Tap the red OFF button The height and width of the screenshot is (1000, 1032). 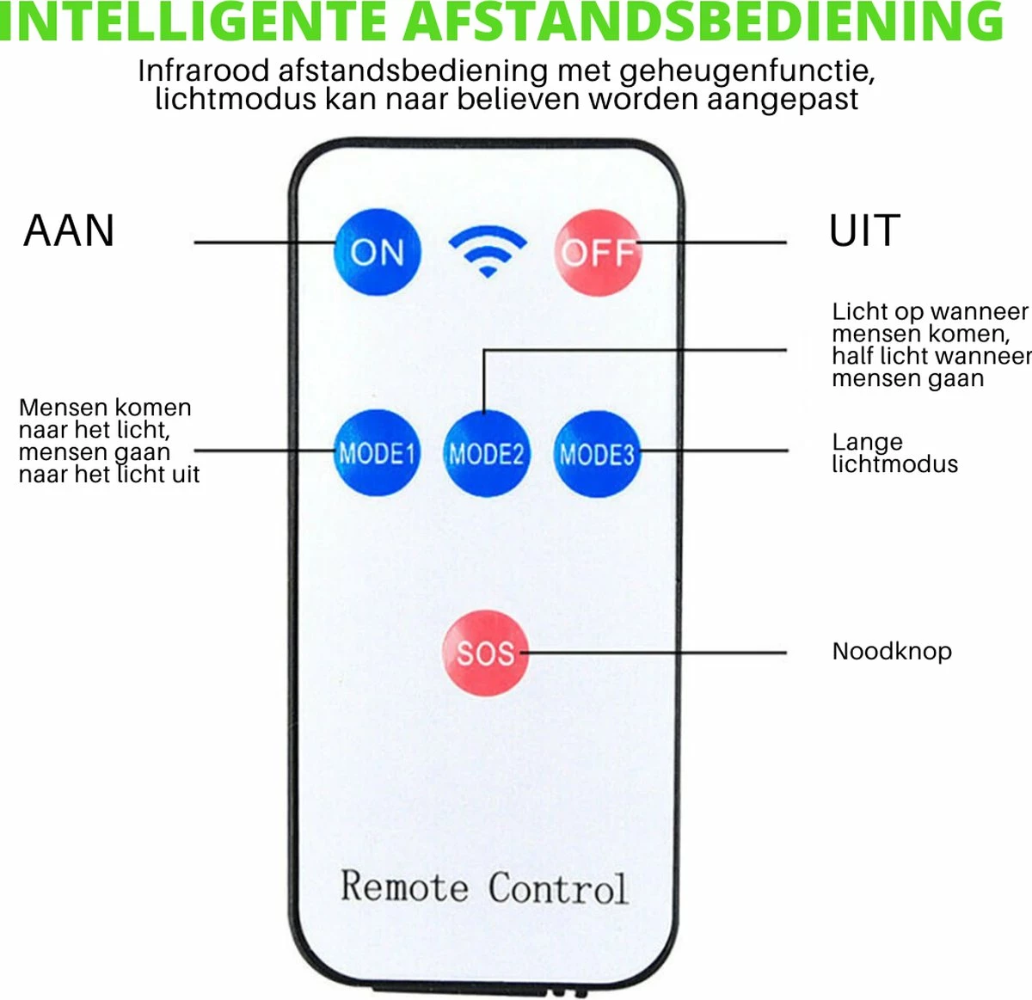598,252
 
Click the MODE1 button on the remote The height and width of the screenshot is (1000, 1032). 377,453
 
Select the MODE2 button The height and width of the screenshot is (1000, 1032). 487,453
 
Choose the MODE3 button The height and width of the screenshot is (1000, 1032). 597,453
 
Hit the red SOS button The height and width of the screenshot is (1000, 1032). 485,653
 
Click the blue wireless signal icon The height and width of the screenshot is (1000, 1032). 488,250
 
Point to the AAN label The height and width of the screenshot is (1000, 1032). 69,230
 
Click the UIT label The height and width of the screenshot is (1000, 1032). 864,230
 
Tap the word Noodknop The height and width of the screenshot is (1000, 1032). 892,651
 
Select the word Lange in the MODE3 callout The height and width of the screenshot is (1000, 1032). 867,442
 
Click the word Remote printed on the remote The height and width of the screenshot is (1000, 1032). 404,887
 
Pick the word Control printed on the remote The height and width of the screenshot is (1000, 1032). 558,888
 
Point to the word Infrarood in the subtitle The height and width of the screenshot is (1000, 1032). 204,71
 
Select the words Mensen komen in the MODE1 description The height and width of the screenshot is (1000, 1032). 105,408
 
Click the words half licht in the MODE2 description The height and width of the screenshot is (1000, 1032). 884,356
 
